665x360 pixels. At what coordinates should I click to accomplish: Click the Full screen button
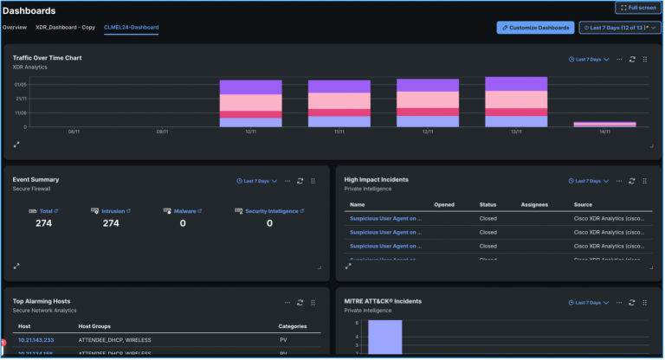pyautogui.click(x=639, y=8)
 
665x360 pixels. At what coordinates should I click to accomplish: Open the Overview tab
pyautogui.click(x=14, y=27)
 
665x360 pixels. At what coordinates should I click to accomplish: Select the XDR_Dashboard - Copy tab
pyautogui.click(x=66, y=27)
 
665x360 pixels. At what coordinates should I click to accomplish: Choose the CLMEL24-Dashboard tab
pyautogui.click(x=131, y=27)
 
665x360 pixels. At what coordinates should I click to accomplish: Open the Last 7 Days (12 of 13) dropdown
pyautogui.click(x=620, y=28)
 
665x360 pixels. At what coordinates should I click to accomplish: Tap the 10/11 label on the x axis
pyautogui.click(x=250, y=132)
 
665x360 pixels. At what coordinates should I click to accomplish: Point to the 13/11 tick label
pyautogui.click(x=516, y=132)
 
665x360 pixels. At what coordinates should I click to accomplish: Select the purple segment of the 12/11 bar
pyautogui.click(x=427, y=85)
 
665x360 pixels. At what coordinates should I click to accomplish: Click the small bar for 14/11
pyautogui.click(x=604, y=125)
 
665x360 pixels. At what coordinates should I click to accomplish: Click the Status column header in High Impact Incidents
pyautogui.click(x=487, y=204)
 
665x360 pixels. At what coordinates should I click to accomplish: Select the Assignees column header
pyautogui.click(x=535, y=204)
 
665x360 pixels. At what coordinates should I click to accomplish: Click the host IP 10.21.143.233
pyautogui.click(x=36, y=340)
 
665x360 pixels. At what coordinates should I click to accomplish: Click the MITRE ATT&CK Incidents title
pyautogui.click(x=382, y=301)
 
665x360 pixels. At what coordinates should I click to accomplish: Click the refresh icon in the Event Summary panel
pyautogui.click(x=300, y=182)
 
